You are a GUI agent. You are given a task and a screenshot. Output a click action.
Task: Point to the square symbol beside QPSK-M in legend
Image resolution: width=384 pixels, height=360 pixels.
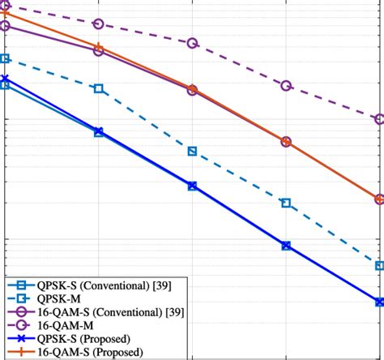click(x=21, y=298)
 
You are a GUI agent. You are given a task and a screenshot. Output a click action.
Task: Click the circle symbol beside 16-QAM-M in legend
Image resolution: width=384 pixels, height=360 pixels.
click(x=21, y=325)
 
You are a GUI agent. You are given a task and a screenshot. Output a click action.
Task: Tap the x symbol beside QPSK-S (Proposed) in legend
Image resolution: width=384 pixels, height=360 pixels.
click(x=21, y=339)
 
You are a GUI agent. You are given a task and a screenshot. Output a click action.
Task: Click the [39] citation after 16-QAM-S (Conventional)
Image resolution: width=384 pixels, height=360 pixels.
click(x=175, y=312)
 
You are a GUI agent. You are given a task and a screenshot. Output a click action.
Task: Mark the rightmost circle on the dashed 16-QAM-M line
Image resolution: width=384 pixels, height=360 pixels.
click(x=379, y=119)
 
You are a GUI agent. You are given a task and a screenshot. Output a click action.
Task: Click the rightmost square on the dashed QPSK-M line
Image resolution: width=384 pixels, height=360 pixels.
click(x=379, y=265)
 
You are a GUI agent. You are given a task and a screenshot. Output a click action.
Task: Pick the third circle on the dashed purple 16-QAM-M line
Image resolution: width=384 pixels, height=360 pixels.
click(x=192, y=43)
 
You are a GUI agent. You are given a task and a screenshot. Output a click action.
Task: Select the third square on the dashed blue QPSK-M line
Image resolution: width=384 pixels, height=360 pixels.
click(x=192, y=152)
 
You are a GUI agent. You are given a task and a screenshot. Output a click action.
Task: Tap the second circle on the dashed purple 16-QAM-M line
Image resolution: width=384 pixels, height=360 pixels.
click(x=99, y=24)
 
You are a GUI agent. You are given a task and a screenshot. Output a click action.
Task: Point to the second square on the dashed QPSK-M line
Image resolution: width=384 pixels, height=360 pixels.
click(x=99, y=88)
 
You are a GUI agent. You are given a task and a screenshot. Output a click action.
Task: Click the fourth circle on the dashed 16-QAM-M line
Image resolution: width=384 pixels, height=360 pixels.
click(x=286, y=85)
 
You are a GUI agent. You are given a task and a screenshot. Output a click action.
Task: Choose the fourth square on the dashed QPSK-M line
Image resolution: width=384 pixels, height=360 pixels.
click(x=286, y=203)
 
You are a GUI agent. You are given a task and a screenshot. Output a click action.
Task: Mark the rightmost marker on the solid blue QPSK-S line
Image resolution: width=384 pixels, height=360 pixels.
click(x=379, y=302)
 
